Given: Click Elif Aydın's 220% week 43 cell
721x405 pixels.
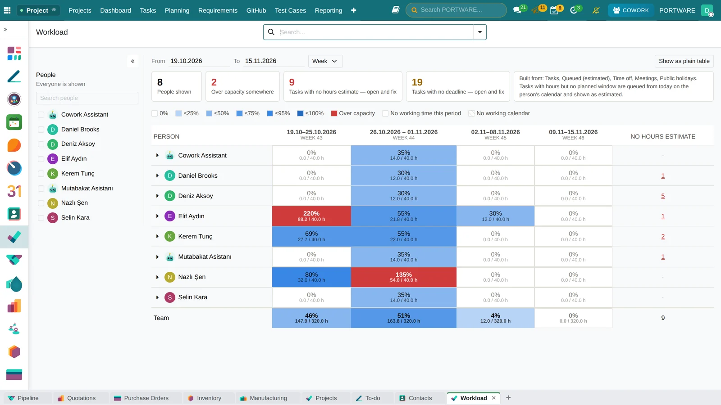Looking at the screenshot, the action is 311,216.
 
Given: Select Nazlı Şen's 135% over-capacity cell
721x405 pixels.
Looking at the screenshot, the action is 404,277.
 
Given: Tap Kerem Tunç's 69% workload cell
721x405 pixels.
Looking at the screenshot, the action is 311,236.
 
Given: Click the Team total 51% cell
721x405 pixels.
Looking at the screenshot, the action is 404,318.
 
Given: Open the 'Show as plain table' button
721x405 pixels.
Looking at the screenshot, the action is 684,61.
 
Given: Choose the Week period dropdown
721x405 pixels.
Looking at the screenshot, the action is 325,61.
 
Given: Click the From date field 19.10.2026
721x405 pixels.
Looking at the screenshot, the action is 199,61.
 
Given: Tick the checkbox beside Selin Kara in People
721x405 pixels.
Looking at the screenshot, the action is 41,218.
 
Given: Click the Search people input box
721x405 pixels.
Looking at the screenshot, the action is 87,98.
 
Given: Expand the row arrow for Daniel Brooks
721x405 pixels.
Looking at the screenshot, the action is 157,175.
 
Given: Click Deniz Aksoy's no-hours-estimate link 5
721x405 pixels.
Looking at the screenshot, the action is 663,196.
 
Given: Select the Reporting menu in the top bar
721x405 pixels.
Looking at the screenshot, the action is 329,10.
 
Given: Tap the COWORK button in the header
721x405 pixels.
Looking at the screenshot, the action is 630,10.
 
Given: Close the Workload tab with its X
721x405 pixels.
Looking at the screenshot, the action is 494,398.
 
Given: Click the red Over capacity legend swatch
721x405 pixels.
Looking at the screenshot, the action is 334,113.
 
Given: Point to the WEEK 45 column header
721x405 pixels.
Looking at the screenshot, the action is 495,138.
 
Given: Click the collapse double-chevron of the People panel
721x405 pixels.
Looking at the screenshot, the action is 132,61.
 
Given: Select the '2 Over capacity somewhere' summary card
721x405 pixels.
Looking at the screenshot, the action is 242,86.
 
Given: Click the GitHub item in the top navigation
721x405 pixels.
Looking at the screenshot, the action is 256,10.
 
